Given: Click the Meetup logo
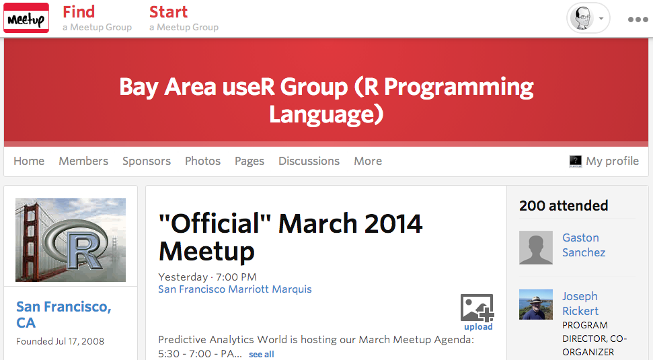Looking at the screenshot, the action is (26, 17).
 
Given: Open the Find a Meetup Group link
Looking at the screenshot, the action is (97, 18).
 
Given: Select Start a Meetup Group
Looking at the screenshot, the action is (184, 18).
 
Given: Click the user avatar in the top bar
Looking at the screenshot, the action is (582, 18).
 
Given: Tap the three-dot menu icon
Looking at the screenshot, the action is (638, 19).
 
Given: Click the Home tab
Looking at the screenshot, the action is (29, 161).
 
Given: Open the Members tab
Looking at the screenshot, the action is (83, 161).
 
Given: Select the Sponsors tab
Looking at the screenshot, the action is (147, 161).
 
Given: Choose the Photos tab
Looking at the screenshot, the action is (203, 161).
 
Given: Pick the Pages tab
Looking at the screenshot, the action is (249, 161).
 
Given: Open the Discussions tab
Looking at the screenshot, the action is (309, 161).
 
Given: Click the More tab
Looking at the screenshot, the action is (368, 161).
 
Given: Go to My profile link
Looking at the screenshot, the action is (604, 161).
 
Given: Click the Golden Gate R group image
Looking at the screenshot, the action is (71, 240).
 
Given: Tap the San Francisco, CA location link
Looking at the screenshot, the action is (64, 315).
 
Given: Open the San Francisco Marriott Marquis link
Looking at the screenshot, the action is (235, 289).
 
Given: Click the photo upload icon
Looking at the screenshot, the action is (477, 308).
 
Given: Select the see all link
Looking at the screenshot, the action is (262, 354).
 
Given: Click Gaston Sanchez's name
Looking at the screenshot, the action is (584, 245).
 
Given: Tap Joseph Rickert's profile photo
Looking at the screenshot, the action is (536, 305).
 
